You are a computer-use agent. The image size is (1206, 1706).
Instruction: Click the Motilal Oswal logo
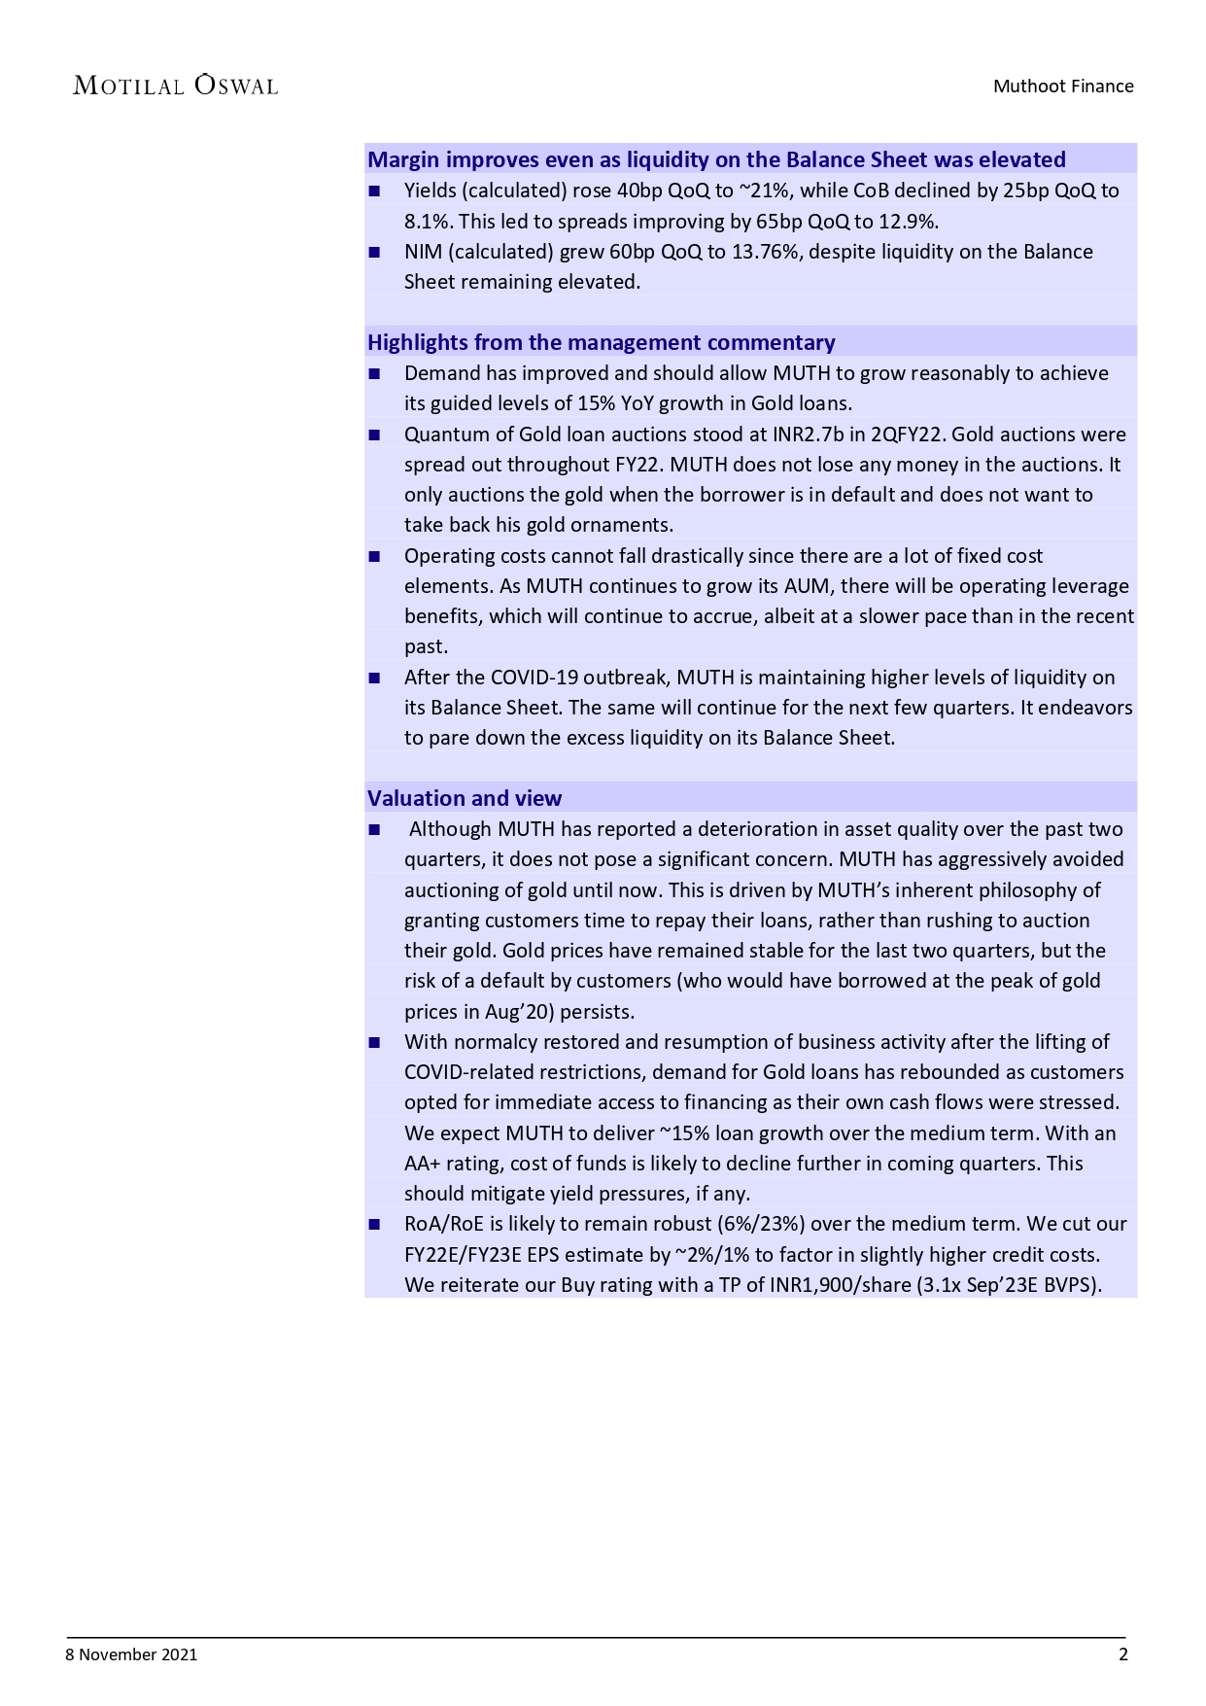point(176,86)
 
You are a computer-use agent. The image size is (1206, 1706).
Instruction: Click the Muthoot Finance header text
point(1062,86)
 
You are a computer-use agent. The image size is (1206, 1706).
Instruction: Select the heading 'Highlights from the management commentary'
point(601,342)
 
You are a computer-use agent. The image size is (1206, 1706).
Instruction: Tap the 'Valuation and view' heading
point(465,798)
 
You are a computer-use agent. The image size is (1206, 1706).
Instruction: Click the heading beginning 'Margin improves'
point(716,159)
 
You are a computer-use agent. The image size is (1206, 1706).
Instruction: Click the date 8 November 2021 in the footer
point(131,1654)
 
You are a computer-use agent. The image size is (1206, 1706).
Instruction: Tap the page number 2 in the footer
point(1123,1654)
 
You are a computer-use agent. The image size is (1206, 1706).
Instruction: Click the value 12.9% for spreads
point(908,222)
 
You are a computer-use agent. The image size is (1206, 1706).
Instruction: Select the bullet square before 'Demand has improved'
point(375,374)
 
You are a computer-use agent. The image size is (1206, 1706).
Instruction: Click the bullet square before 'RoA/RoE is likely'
point(375,1225)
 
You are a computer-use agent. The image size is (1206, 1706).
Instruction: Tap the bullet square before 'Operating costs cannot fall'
point(375,557)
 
